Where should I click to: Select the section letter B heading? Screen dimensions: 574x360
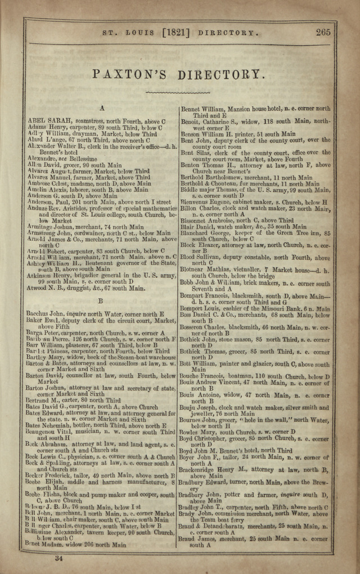(101, 301)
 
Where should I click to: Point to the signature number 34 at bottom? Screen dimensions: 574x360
(58, 558)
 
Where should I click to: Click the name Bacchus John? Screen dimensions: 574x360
(44, 313)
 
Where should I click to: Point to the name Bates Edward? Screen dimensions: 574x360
(45, 413)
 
